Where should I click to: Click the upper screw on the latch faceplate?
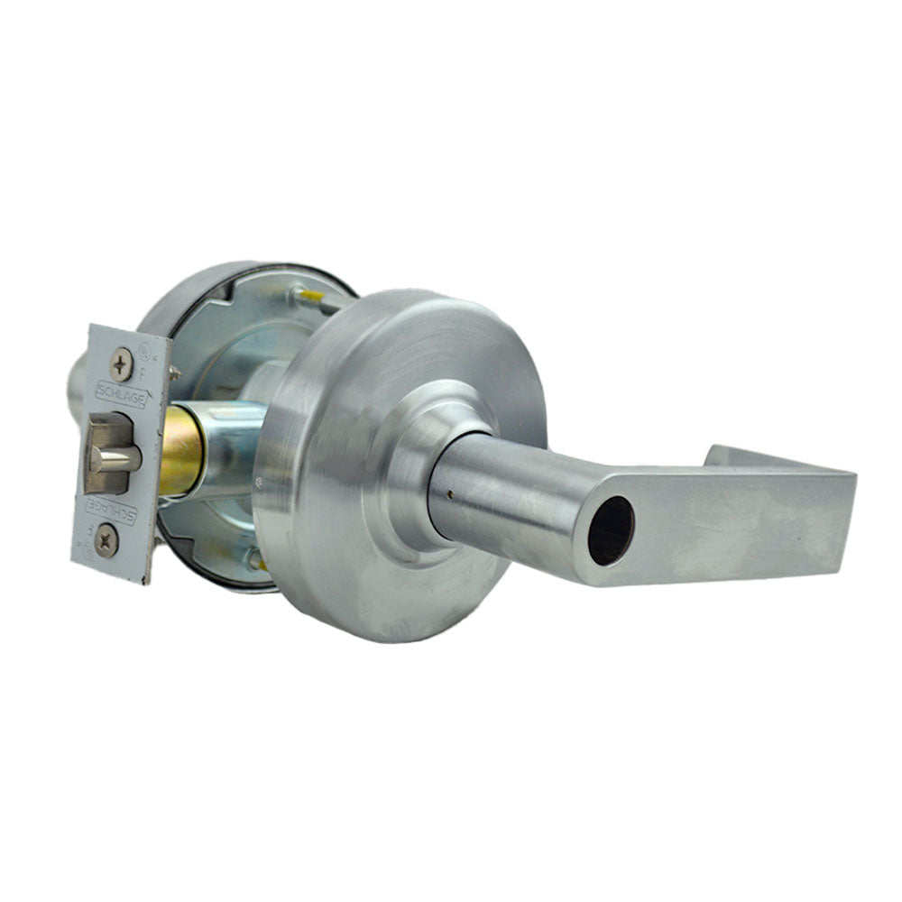point(120,364)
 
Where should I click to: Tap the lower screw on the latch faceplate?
point(107,541)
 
